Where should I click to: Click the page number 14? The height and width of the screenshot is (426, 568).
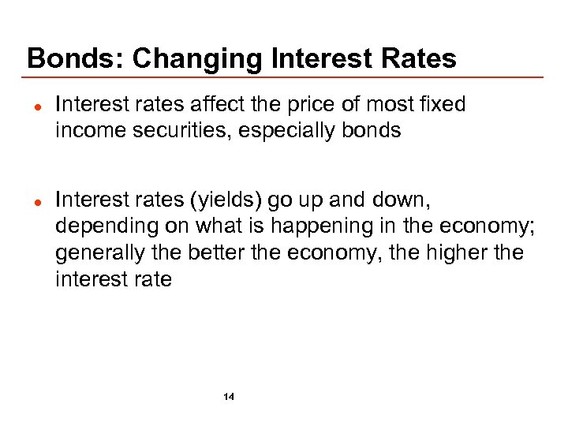[229, 396]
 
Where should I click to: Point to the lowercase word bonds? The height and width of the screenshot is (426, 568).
[374, 130]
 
